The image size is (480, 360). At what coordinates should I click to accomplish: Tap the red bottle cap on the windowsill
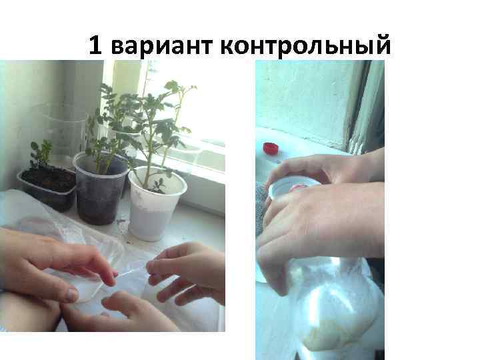coord(270,148)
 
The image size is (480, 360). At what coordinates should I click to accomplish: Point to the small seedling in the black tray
coord(41,155)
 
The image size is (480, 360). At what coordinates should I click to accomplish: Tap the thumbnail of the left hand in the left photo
coord(72,293)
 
